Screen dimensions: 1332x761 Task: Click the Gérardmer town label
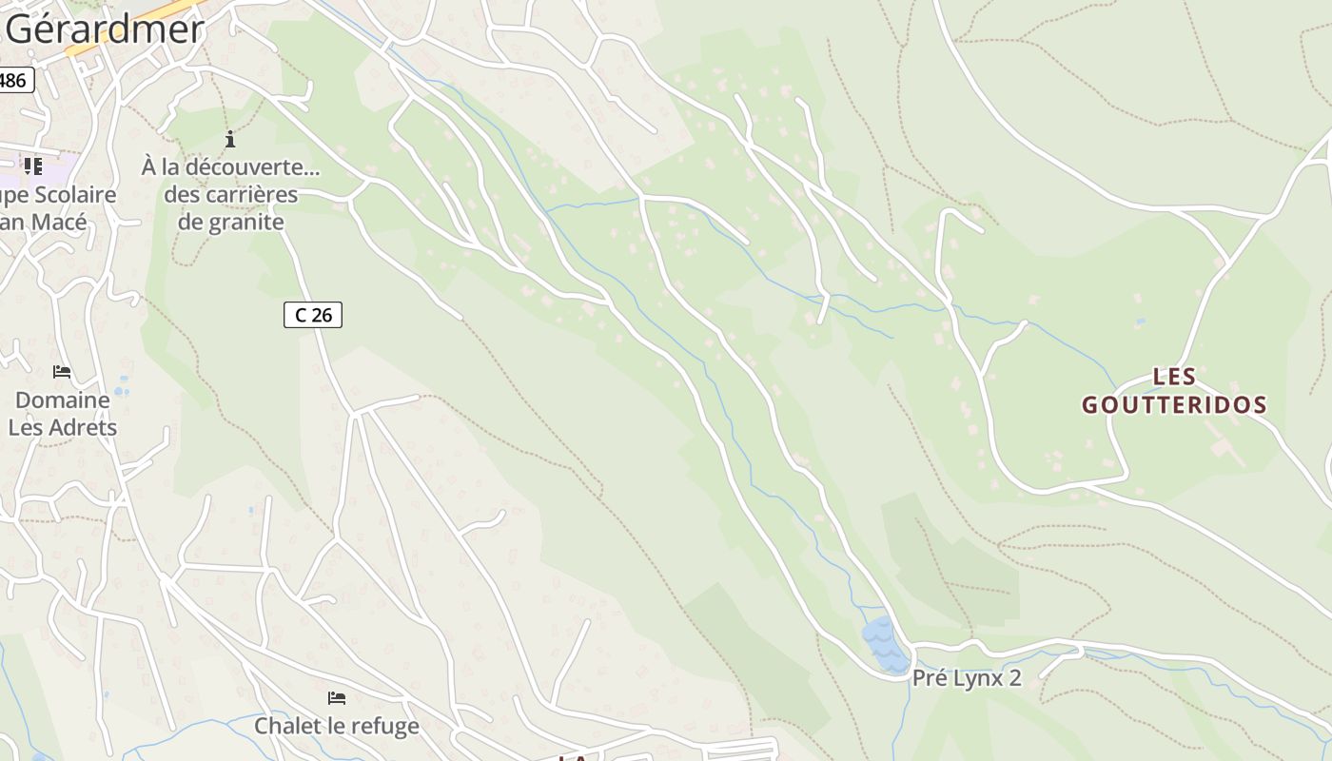click(105, 29)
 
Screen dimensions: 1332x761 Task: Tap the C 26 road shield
click(313, 315)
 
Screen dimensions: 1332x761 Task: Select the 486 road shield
click(13, 80)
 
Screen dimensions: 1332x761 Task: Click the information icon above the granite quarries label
click(230, 140)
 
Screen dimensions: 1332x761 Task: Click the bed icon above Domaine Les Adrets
click(62, 372)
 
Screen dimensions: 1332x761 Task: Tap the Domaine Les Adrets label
click(63, 414)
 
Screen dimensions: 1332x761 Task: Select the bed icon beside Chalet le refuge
click(337, 698)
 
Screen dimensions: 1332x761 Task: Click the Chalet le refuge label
click(336, 726)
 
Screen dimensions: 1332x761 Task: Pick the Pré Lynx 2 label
click(967, 678)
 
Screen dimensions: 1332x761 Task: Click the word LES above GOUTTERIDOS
click(1174, 377)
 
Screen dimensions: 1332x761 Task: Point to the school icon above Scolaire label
click(33, 166)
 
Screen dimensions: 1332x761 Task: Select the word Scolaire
click(71, 195)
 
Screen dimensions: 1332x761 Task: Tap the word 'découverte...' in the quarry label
click(253, 167)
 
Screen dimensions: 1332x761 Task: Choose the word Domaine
click(63, 400)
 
